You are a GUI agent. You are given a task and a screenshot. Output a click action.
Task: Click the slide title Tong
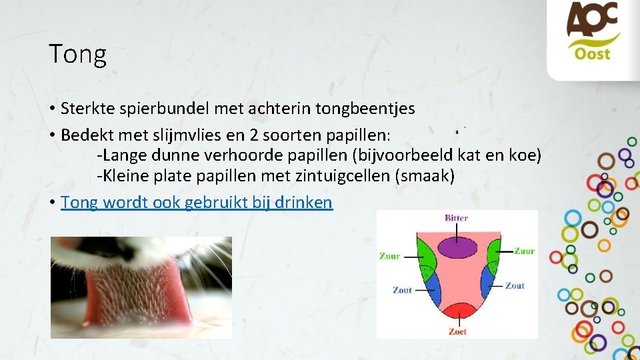77,54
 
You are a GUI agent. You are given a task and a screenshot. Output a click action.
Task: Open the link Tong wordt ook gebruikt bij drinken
197,202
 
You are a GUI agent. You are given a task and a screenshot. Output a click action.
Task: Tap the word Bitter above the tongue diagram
457,218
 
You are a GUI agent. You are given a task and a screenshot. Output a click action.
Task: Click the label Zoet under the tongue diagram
457,331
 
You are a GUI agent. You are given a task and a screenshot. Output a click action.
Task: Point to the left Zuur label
390,255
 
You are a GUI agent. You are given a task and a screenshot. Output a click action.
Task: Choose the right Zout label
515,285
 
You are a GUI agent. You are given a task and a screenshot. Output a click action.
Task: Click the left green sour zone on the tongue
425,255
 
